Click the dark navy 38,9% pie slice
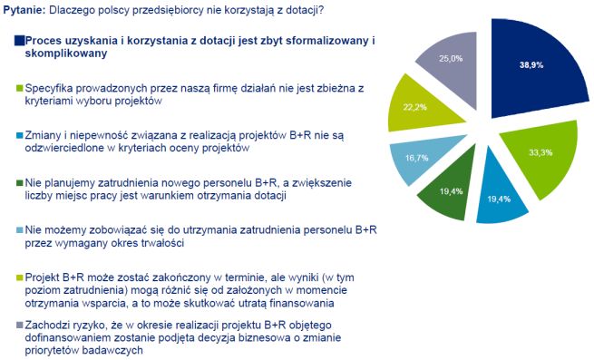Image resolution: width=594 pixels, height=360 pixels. [x=531, y=73]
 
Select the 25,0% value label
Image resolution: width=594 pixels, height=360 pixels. [x=452, y=58]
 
